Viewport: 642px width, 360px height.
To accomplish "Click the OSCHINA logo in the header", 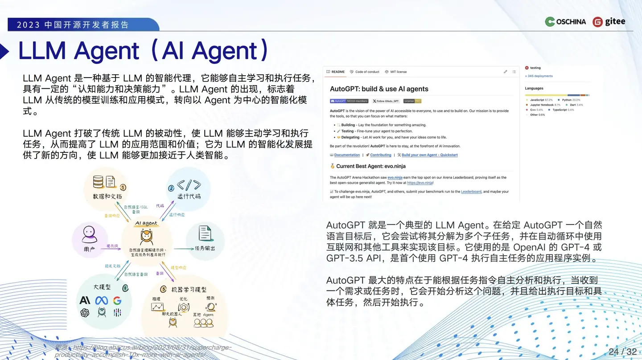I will point(565,21).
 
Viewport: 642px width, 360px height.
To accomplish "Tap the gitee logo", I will point(609,21).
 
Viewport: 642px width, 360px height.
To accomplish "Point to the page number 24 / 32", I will point(622,352).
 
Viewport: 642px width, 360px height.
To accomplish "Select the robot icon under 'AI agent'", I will point(146,237).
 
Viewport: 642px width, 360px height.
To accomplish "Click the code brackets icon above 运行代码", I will point(189,185).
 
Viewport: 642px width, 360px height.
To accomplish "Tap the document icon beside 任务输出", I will point(205,233).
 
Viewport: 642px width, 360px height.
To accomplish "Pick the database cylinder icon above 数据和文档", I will point(98,181).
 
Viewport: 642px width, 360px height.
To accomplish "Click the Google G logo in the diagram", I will point(117,301).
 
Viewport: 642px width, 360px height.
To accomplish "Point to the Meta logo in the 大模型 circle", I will point(101,301).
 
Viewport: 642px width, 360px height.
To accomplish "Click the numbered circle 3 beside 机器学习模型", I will point(163,289).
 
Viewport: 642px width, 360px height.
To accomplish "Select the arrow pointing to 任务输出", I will point(183,249).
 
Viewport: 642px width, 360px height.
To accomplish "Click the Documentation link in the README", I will point(347,155).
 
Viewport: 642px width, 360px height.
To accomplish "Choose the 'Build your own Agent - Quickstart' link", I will point(429,155).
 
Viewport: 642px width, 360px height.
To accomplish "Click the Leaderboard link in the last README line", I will point(471,192).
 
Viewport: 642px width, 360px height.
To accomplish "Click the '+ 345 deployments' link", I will point(539,76).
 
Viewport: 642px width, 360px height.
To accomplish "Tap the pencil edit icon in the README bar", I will point(506,72).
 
